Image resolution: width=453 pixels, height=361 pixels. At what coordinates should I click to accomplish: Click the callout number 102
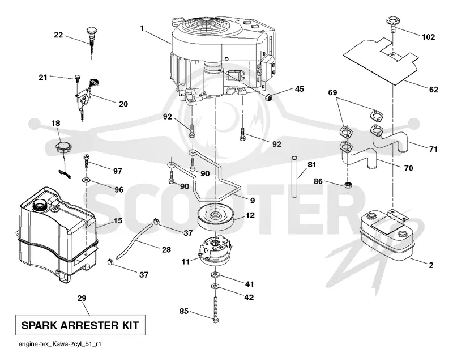click(x=428, y=37)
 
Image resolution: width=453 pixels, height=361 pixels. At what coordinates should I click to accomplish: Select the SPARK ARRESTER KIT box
click(x=80, y=325)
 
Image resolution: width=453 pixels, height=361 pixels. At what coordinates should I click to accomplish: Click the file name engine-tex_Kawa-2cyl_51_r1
click(x=60, y=345)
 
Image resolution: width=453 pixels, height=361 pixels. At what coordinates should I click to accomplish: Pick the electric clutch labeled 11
click(x=215, y=251)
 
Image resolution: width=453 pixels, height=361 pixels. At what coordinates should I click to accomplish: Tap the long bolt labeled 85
click(x=215, y=309)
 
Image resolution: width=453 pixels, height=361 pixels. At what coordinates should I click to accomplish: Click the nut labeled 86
click(x=348, y=185)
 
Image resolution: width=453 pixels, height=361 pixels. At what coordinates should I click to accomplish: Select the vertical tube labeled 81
click(x=294, y=177)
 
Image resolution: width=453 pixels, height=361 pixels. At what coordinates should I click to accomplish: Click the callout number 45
click(x=300, y=89)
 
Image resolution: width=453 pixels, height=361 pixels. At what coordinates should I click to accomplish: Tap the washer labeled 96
click(x=86, y=180)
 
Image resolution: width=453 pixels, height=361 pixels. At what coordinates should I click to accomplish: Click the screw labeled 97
click(x=87, y=161)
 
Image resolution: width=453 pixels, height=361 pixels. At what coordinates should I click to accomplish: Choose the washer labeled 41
click(x=215, y=274)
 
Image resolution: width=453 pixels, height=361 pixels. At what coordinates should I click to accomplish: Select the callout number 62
click(x=434, y=90)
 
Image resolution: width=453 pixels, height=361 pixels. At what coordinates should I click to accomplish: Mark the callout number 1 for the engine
click(x=142, y=28)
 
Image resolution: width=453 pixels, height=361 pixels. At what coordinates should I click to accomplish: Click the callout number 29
click(x=82, y=298)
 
